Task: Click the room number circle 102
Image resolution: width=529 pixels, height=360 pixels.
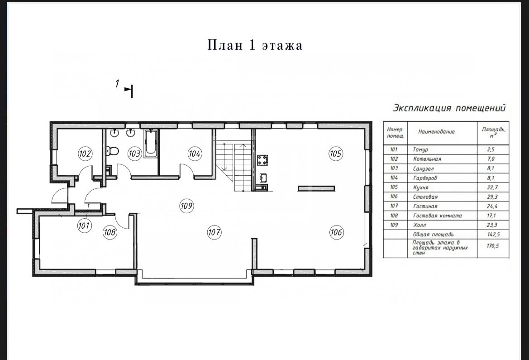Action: (85, 154)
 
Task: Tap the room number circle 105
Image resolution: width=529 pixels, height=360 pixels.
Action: (336, 154)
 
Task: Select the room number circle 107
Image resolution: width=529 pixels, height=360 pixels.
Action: (214, 232)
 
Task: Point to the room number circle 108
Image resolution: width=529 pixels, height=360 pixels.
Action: (110, 232)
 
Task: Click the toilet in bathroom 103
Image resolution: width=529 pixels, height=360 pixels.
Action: (113, 151)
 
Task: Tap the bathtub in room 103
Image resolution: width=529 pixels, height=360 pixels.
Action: (151, 144)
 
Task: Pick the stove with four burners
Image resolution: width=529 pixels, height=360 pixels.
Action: (262, 160)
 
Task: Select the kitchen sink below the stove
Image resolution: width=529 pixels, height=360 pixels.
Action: (263, 178)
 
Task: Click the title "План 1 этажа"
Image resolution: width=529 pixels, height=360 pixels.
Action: (255, 45)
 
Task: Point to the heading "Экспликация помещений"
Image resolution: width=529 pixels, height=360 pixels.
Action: (449, 108)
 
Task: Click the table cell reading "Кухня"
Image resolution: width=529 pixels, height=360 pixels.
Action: (421, 187)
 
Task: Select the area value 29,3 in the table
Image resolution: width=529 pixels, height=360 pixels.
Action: (492, 197)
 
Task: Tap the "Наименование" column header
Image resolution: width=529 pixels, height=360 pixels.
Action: (437, 132)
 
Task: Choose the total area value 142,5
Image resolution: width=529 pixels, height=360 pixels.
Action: (493, 235)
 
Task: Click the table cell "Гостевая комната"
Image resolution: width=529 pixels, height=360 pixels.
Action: (438, 216)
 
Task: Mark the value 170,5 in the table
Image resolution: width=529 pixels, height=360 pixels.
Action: (492, 246)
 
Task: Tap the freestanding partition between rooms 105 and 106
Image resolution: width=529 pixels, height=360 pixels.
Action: (316, 188)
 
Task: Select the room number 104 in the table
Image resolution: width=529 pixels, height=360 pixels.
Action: (394, 178)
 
